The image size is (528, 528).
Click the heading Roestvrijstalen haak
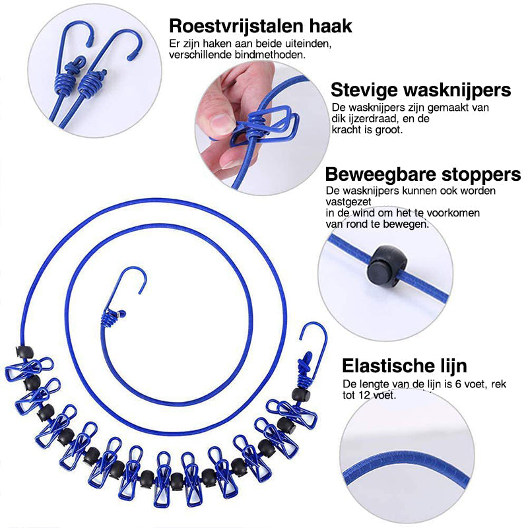[260, 26]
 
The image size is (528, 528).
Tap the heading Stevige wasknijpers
[420, 90]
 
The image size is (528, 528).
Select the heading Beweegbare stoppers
[422, 175]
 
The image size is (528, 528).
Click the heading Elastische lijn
[404, 366]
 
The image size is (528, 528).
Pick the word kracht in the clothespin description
[347, 130]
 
